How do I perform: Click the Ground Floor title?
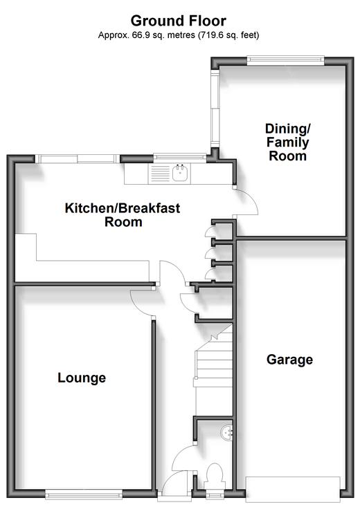(x=179, y=21)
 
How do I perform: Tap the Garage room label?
(x=290, y=360)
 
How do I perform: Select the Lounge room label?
(x=82, y=378)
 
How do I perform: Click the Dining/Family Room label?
(x=287, y=142)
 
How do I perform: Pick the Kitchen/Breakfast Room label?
(x=123, y=215)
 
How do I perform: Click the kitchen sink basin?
(x=180, y=173)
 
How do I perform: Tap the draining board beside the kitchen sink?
(x=159, y=174)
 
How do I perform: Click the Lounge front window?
(x=84, y=494)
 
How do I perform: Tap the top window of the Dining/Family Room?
(x=285, y=60)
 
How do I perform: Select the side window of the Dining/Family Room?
(x=215, y=109)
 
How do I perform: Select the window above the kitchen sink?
(x=180, y=157)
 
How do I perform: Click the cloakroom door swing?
(x=183, y=457)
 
